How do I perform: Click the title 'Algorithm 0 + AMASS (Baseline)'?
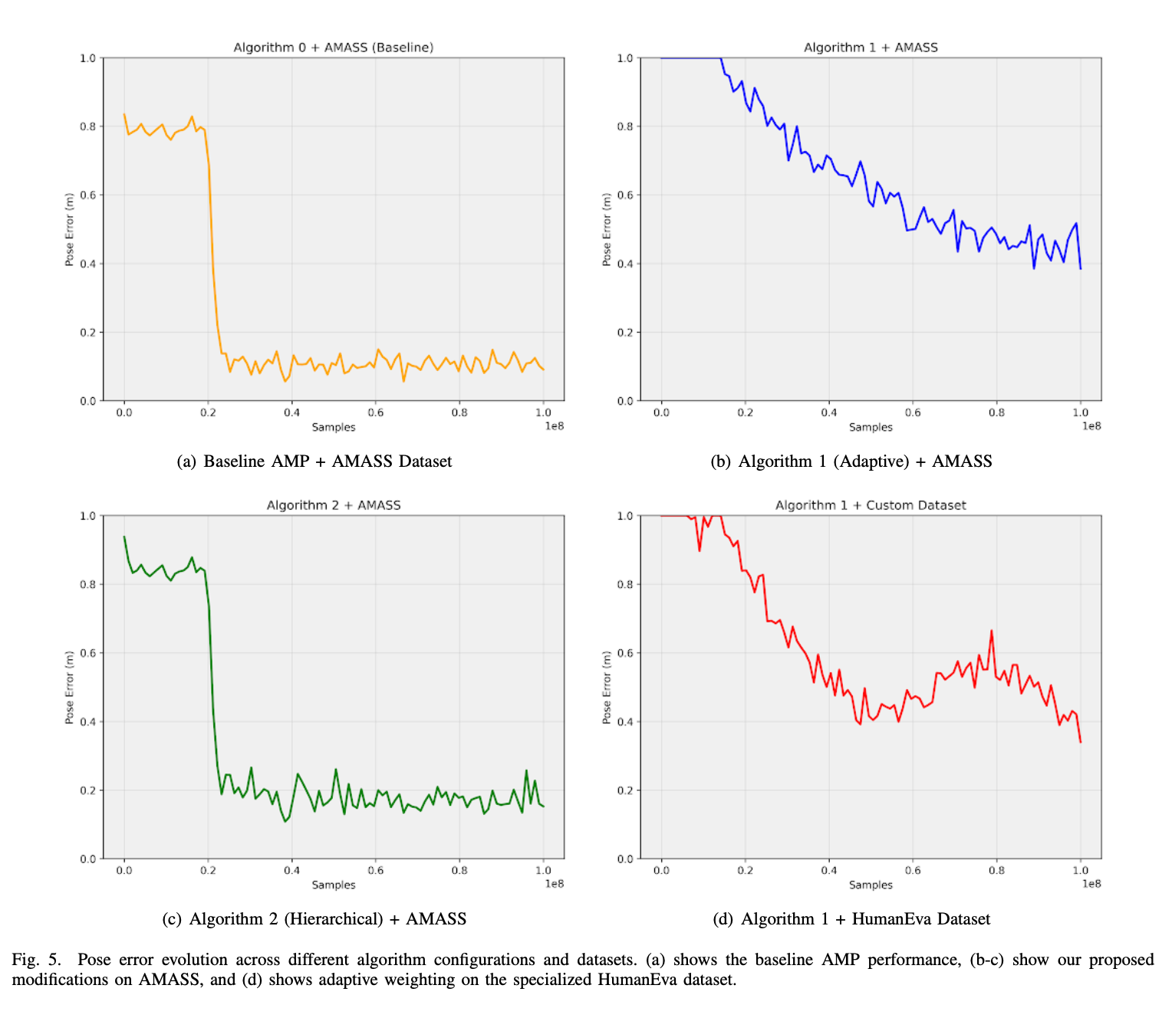point(334,48)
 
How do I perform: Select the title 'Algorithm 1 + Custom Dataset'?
point(871,505)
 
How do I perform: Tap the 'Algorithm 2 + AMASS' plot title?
point(334,505)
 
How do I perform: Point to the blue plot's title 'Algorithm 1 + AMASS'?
point(871,48)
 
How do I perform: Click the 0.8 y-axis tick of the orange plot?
point(88,126)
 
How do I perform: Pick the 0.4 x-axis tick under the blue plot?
point(828,412)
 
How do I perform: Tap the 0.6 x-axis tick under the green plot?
point(375,870)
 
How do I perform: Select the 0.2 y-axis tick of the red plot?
point(625,790)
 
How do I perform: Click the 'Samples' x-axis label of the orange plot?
point(334,427)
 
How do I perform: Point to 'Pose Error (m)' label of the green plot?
point(70,688)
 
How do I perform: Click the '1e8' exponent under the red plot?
point(1091,884)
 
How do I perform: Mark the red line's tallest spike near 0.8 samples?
point(991,632)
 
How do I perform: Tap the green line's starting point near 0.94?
point(124,537)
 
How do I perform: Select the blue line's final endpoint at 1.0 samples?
point(1080,268)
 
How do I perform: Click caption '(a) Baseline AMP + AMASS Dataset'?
point(314,461)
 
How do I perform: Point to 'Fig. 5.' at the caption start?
point(35,960)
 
